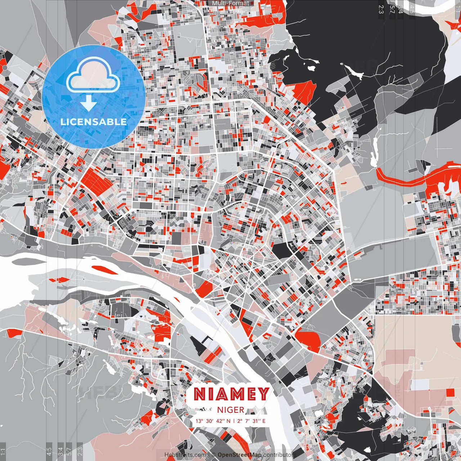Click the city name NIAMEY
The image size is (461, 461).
(231, 394)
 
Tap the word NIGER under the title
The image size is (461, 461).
(230, 410)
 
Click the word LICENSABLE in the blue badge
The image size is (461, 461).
(94, 122)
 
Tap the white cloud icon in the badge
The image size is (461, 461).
(93, 75)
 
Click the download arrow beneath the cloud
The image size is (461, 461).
(89, 103)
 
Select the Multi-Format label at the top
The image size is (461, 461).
(230, 3)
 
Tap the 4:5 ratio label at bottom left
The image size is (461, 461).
(49, 452)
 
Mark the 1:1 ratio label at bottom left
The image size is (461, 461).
(3, 452)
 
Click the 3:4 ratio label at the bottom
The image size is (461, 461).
(60, 452)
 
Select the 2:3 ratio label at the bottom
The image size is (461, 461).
(80, 452)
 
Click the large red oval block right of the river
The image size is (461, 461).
(308, 340)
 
